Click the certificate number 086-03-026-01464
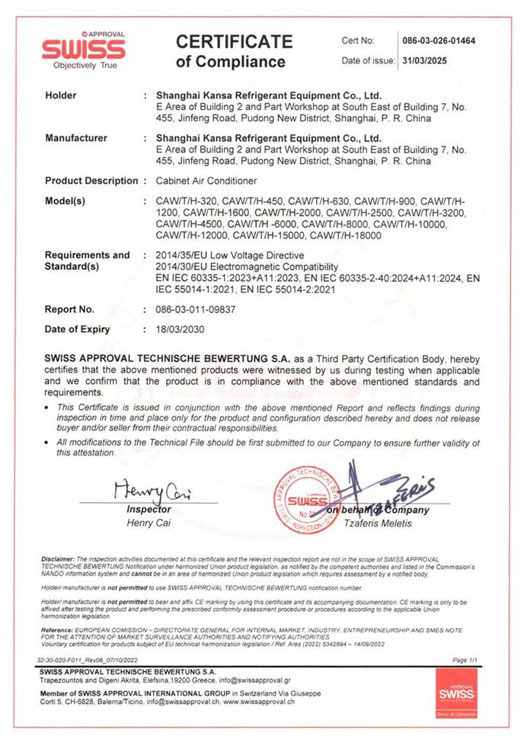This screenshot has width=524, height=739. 439,41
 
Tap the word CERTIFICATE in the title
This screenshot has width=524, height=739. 234,41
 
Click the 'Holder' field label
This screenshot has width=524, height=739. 61,96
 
